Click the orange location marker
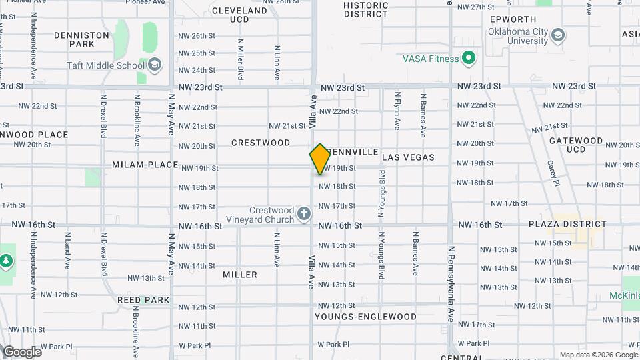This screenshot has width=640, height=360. [x=320, y=159]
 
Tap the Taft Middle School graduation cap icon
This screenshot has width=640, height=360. [x=155, y=65]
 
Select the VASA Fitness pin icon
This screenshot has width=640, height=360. [x=469, y=59]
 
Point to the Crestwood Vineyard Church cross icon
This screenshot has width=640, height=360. [x=304, y=214]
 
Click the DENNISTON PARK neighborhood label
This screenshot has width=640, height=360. [x=81, y=39]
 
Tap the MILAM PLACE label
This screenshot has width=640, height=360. [x=145, y=165]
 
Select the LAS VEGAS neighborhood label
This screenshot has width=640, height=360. [x=408, y=158]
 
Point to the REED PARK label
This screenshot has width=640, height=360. [x=143, y=300]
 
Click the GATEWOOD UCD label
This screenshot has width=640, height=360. [x=576, y=145]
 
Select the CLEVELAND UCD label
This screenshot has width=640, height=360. [x=239, y=15]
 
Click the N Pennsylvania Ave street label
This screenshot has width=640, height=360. [x=451, y=283]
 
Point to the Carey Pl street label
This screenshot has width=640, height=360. [x=553, y=173]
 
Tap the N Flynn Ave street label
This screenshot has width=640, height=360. [x=397, y=110]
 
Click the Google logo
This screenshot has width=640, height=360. [x=21, y=352]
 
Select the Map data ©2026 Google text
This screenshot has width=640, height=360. [x=598, y=355]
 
